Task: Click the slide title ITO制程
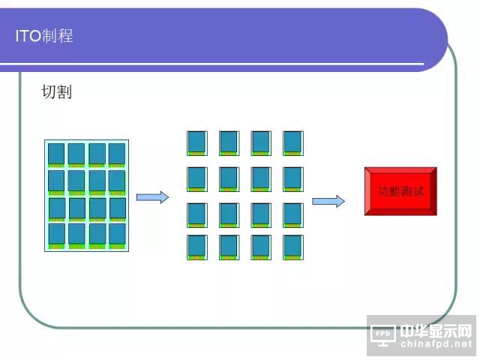tap(44, 35)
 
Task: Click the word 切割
tap(56, 92)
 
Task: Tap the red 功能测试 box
tap(400, 191)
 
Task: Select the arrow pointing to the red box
tap(328, 201)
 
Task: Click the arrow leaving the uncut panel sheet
tap(152, 196)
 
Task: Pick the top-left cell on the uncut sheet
tap(56, 154)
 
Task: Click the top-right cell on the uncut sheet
tap(117, 154)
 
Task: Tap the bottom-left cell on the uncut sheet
tap(56, 235)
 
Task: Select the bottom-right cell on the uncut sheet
tap(117, 235)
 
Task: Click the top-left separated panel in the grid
tap(196, 142)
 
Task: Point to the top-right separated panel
tap(292, 142)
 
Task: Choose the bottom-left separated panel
tap(196, 247)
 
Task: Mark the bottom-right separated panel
tap(292, 247)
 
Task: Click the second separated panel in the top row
tap(229, 142)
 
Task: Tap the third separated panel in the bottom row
tap(261, 247)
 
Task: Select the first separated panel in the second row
tap(196, 178)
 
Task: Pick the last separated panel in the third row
tap(292, 214)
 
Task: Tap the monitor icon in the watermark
tap(383, 334)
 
